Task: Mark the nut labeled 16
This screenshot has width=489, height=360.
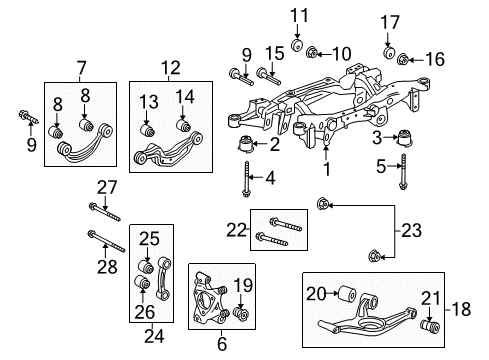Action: (403, 60)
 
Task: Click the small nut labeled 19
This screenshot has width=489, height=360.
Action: (241, 316)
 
